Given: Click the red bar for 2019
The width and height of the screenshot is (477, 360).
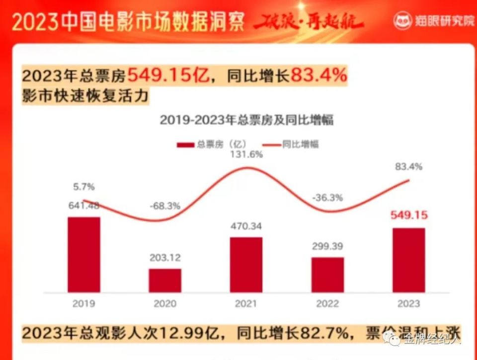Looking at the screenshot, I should (84, 254).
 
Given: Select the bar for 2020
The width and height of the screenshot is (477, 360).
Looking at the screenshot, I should (165, 281).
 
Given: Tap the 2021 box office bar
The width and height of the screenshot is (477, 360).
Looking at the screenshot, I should (246, 265).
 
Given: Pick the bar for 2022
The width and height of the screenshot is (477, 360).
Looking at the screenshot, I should (327, 275).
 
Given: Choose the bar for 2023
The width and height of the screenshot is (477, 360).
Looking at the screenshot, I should (408, 260).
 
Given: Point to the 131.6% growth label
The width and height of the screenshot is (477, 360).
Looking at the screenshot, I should (246, 154).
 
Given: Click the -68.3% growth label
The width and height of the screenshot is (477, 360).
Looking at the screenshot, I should (165, 206).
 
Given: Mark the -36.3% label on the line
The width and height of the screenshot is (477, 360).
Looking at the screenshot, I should (327, 198).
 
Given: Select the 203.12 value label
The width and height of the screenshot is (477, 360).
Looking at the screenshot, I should (165, 258).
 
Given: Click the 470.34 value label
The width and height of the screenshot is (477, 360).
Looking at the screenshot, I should (246, 226).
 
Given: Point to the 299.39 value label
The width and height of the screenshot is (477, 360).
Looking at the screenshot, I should (327, 246).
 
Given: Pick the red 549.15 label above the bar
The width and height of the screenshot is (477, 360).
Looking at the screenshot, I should (408, 216).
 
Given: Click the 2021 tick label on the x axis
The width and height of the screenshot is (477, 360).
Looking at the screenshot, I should (246, 303).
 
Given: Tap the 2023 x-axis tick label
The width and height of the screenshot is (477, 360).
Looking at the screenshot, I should (408, 303).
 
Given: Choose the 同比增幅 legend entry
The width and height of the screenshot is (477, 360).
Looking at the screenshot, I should (291, 144).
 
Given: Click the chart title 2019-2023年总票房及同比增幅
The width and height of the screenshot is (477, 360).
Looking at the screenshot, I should (246, 121).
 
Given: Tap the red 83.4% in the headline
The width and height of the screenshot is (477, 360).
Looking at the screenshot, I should (318, 76).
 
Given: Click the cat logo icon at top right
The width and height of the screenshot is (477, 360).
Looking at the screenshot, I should (403, 21).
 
